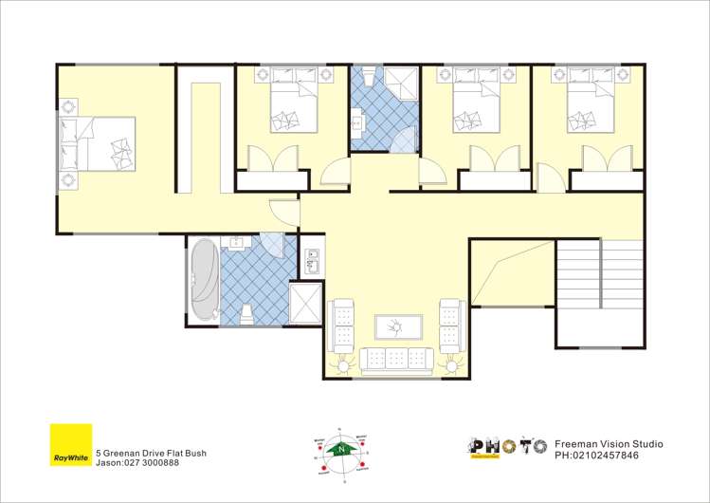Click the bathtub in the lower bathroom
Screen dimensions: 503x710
pos(203,282)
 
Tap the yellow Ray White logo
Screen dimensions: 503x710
pos(71,446)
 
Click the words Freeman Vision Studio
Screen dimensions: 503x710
pos(608,443)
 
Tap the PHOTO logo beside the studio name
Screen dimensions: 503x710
pos(507,447)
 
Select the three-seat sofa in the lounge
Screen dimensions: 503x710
pos(395,359)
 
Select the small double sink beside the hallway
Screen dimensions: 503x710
pos(314,258)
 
